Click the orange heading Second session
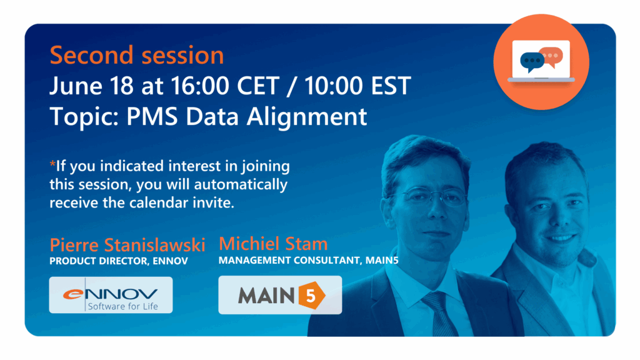click(137, 56)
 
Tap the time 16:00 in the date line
click(199, 86)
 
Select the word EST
click(391, 86)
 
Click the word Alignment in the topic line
click(306, 117)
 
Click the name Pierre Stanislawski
click(127, 245)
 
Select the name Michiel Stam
click(273, 244)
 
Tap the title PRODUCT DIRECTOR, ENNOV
click(119, 261)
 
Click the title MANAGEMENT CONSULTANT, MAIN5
click(309, 261)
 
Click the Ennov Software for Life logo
click(111, 295)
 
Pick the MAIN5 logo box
click(280, 295)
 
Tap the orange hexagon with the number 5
click(312, 295)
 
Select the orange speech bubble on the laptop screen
click(551, 56)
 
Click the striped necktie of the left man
click(440, 314)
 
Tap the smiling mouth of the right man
click(561, 237)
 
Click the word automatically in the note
click(241, 184)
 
